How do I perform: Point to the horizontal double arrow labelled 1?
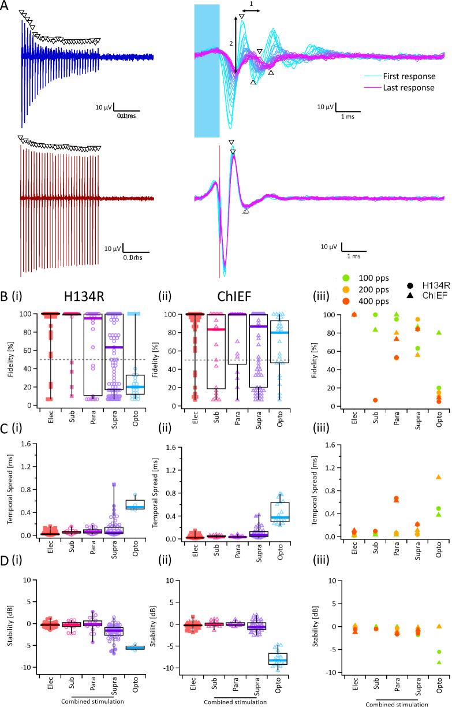[x=250, y=10]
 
